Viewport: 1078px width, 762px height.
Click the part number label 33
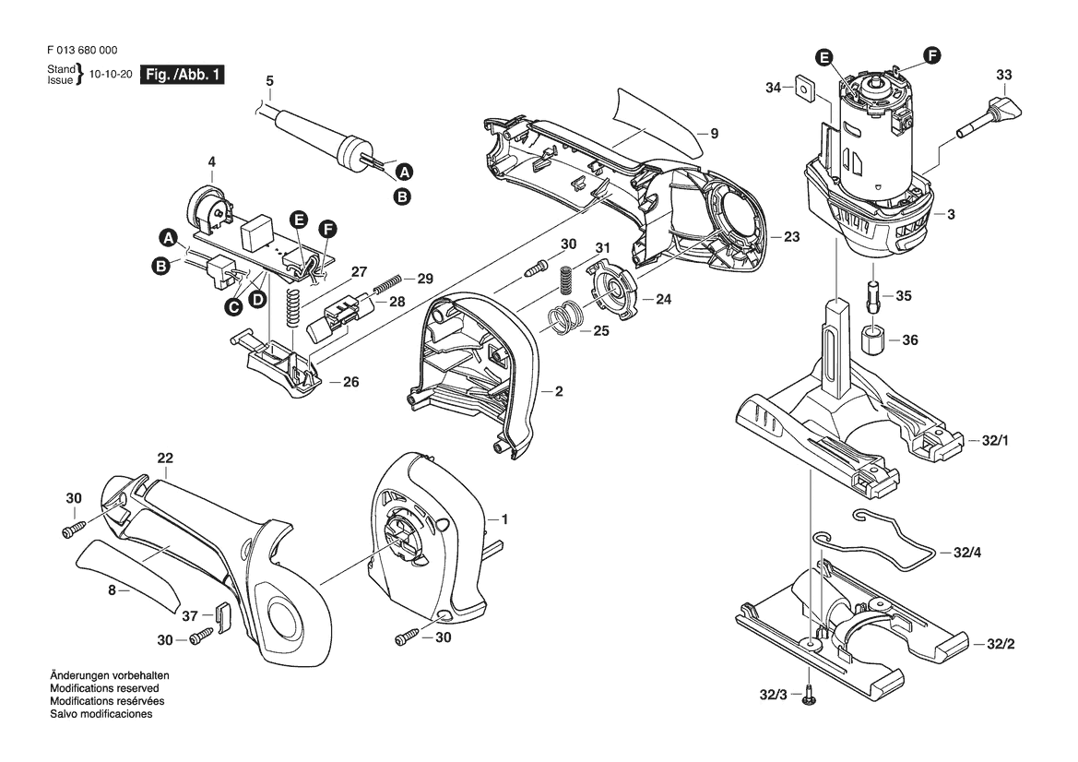[1004, 75]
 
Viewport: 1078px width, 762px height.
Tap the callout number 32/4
[967, 553]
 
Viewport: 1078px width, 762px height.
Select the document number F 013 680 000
[80, 51]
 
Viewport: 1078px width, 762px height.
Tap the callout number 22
[165, 458]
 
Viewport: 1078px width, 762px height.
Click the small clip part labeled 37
[221, 613]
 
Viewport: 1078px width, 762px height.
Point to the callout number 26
[350, 382]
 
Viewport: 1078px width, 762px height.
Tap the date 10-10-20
[109, 76]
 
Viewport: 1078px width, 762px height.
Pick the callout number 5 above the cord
[269, 80]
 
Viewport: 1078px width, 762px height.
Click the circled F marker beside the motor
[933, 56]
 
